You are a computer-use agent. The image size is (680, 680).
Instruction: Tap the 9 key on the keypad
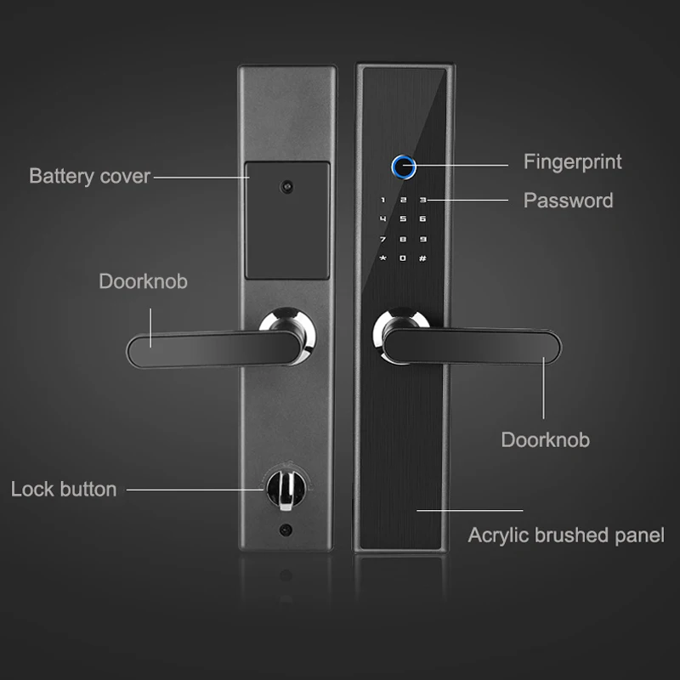tap(422, 239)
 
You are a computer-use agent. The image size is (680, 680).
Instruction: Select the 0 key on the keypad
tap(402, 258)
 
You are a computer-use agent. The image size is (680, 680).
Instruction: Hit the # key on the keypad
tap(422, 258)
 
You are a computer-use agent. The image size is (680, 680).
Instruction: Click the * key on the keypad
tap(382, 258)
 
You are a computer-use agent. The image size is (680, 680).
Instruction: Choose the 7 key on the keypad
tap(382, 239)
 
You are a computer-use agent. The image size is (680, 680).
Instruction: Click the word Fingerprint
tap(572, 161)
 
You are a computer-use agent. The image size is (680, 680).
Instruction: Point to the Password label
tap(568, 201)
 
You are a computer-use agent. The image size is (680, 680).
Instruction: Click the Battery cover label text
tap(89, 177)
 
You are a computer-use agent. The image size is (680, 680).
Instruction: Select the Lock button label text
tap(64, 489)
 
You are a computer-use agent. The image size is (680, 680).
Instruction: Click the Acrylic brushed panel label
tap(566, 535)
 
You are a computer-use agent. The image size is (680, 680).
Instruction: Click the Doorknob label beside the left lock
tap(143, 281)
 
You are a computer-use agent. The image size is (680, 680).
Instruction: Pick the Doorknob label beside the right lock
tap(545, 439)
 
